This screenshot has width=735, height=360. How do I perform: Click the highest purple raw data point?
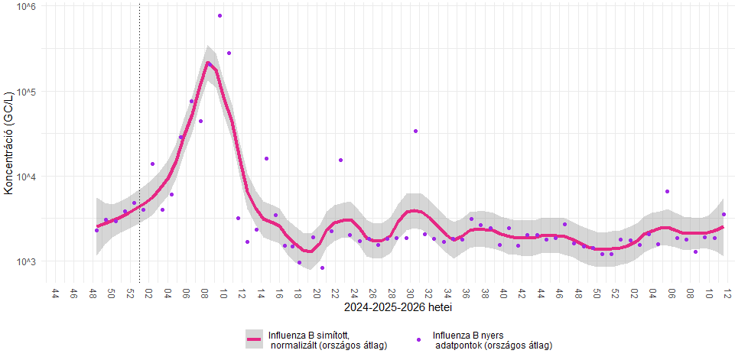click(x=220, y=15)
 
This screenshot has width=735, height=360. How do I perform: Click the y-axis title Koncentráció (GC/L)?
click(x=8, y=145)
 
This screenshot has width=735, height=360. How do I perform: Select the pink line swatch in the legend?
click(x=254, y=339)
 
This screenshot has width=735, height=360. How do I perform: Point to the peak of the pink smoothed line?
click(x=209, y=63)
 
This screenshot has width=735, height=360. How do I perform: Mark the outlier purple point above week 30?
click(x=416, y=131)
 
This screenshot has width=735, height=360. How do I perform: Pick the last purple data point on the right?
click(x=724, y=214)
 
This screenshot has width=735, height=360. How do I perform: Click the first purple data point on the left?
click(x=96, y=217)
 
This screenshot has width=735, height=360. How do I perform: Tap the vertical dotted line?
click(x=140, y=142)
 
